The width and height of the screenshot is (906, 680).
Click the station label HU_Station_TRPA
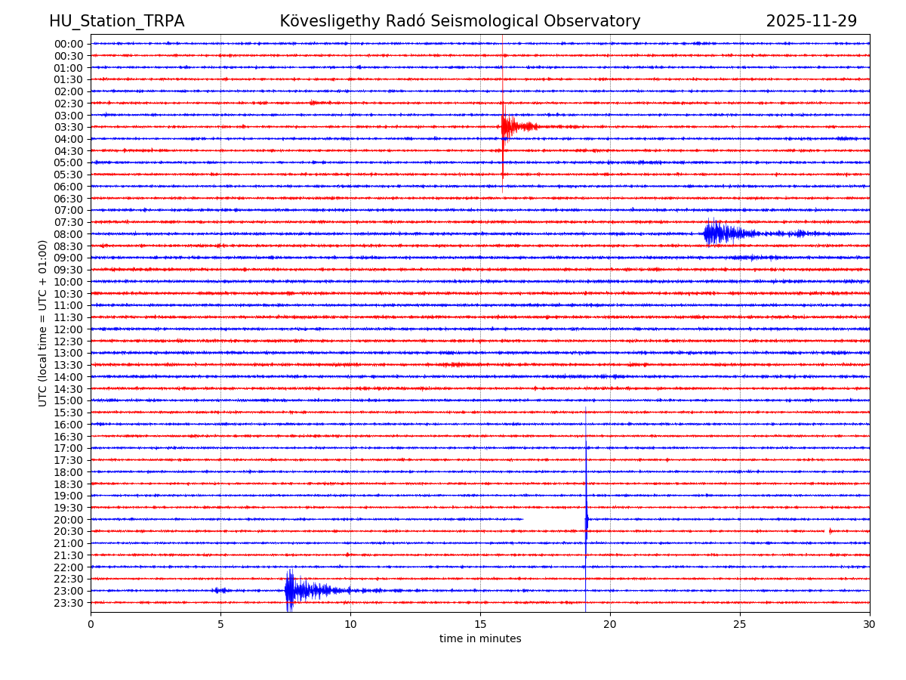coord(116,22)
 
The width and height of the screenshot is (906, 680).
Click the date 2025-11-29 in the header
coord(811,22)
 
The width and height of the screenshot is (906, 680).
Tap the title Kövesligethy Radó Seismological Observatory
coord(460,22)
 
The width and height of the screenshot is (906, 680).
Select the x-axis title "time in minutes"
coord(480,639)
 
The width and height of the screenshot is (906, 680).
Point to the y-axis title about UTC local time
coord(43,323)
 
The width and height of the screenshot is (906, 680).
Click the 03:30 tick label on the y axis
coord(69,127)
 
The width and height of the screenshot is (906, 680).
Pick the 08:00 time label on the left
coord(69,234)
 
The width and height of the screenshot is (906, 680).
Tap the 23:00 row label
coord(69,591)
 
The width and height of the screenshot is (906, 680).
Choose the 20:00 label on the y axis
coord(69,520)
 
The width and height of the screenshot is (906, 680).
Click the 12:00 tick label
coord(69,329)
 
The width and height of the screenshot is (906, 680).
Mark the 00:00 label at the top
coord(69,44)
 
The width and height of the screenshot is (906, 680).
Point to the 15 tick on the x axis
coord(480,625)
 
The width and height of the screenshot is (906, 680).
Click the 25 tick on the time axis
coord(740,625)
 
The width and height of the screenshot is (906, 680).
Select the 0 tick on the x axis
coord(91,625)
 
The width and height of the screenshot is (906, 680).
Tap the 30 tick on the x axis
coord(870,625)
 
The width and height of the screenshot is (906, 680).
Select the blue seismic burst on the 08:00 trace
coord(717,233)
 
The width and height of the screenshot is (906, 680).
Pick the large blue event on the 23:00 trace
coord(298,590)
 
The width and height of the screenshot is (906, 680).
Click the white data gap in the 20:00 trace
coord(553,520)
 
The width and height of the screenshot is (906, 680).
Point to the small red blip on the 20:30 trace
coord(829,531)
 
